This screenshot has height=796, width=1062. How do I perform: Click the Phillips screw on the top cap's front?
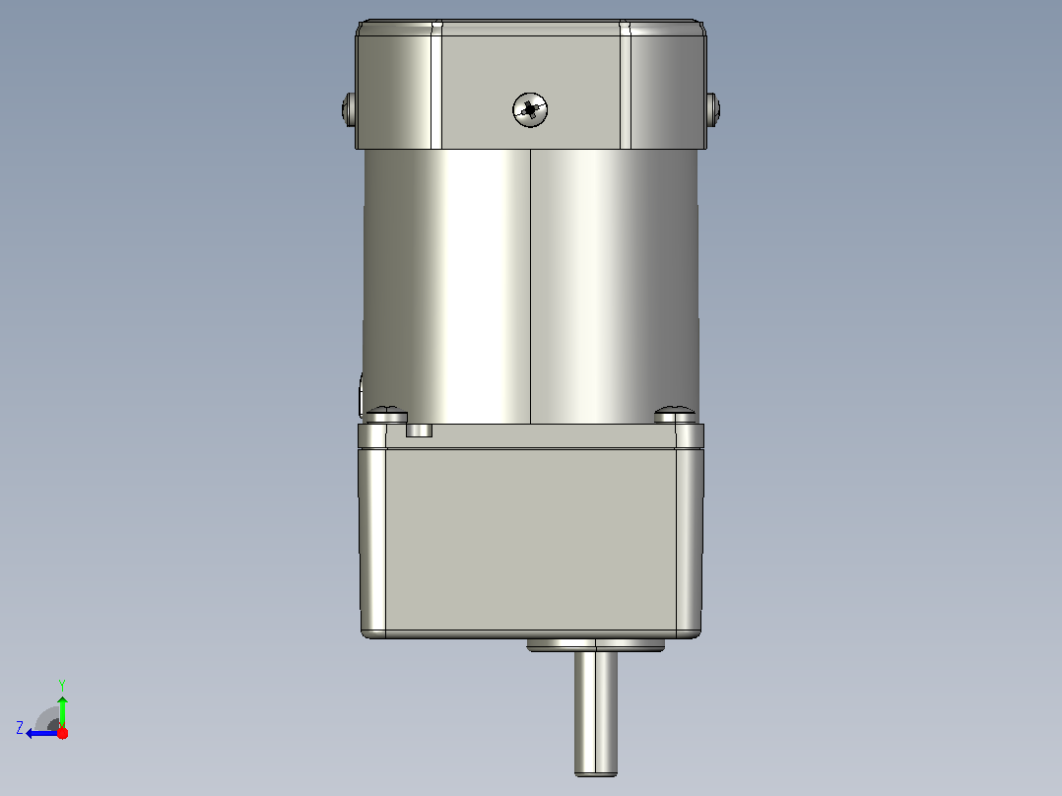pyautogui.click(x=530, y=109)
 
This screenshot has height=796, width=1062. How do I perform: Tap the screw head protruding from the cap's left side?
pyautogui.click(x=349, y=109)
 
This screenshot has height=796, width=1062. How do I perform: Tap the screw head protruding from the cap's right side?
pyautogui.click(x=712, y=109)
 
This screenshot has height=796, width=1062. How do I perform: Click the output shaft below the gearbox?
pyautogui.click(x=596, y=712)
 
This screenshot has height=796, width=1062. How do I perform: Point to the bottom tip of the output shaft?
pyautogui.click(x=596, y=775)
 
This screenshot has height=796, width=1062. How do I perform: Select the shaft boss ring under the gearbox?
pyautogui.click(x=595, y=645)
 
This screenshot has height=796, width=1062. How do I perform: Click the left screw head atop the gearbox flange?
pyautogui.click(x=387, y=415)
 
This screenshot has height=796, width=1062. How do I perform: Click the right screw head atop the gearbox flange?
pyautogui.click(x=675, y=415)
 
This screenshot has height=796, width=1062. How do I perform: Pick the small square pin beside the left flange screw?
pyautogui.click(x=420, y=431)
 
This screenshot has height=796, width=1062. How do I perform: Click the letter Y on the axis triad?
pyautogui.click(x=62, y=685)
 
